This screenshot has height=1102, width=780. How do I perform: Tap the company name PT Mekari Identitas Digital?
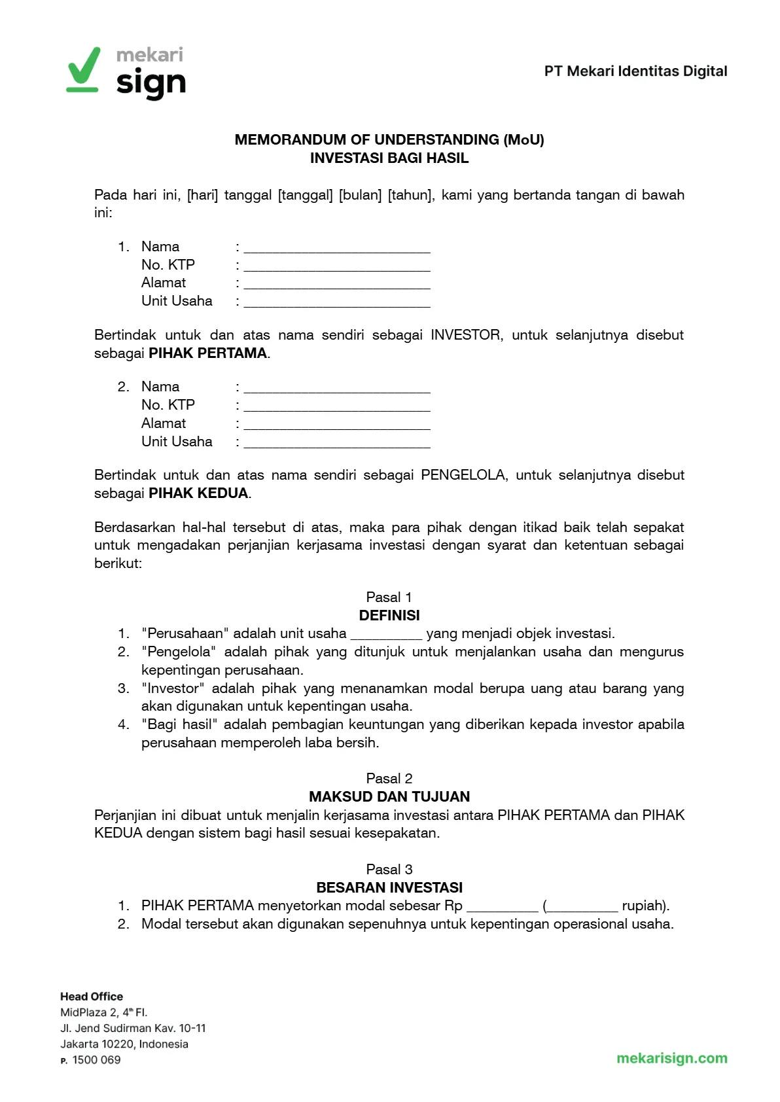pos(635,71)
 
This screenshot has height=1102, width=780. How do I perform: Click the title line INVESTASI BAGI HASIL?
pos(389,158)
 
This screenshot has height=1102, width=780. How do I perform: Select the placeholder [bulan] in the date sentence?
pos(360,195)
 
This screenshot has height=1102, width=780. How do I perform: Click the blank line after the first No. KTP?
pos(336,266)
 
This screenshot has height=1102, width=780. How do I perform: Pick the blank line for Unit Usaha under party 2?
pos(336,443)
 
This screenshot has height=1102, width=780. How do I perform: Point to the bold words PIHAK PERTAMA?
pos(207,353)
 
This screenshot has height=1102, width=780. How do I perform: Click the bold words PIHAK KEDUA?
pos(198,493)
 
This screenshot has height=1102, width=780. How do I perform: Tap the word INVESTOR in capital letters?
pos(466,335)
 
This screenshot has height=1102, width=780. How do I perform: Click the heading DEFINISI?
pos(389,615)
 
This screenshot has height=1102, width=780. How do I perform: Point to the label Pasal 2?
pos(389,778)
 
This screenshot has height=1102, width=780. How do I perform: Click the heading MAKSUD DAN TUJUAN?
pos(389,796)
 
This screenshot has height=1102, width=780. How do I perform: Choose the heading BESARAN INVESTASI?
pos(389,887)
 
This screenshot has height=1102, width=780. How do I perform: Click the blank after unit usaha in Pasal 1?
pos(386,635)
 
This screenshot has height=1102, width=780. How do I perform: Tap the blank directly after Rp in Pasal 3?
pos(502,907)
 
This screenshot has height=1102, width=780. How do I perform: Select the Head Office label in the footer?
pos(92,997)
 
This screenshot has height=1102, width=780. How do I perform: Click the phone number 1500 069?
pos(96,1060)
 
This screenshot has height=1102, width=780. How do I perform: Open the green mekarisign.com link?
pos(671,1058)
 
